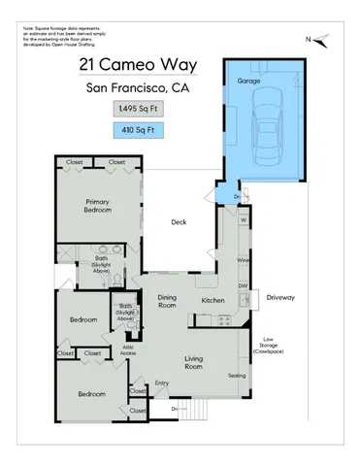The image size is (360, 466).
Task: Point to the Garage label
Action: [x=248, y=82]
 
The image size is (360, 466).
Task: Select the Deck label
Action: [x=179, y=222]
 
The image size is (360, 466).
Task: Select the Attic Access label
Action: [x=128, y=352]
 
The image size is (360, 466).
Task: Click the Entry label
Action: [x=162, y=382]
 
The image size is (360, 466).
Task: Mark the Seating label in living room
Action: [x=235, y=375]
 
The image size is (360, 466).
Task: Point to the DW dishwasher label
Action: [x=244, y=286]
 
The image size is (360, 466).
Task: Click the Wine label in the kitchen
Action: [x=244, y=260]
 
